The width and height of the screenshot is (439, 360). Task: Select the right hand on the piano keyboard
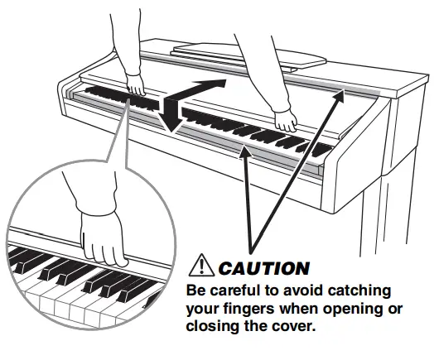click(287, 121)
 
